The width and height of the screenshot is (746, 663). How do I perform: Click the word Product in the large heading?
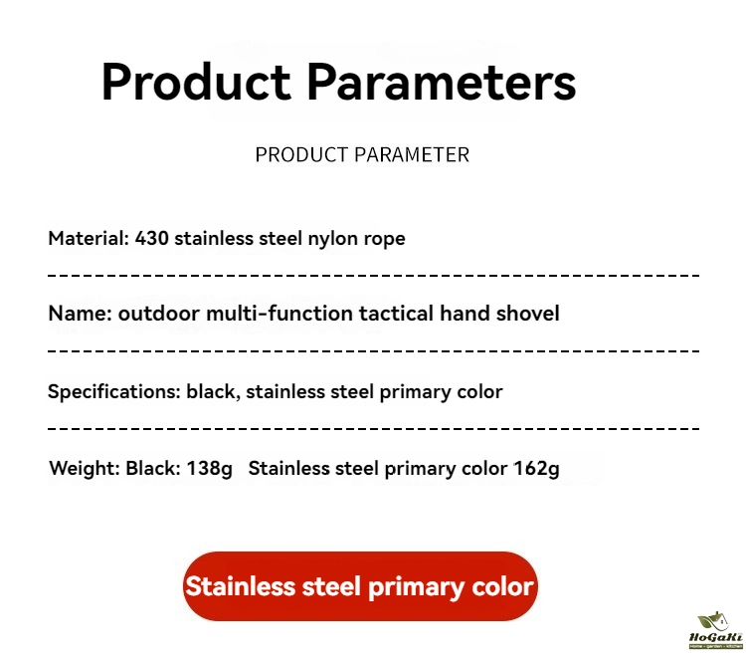[x=196, y=82]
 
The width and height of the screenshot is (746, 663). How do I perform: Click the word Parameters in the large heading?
[x=441, y=82]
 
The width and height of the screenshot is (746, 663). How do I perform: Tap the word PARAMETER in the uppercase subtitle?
[x=412, y=154]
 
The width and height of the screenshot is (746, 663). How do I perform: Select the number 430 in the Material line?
[x=151, y=238]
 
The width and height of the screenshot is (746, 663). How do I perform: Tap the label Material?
[x=89, y=238]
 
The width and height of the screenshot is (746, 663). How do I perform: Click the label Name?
[x=80, y=314]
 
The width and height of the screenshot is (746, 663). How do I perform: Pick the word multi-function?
[x=280, y=314]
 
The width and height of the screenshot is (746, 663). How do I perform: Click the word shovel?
[x=527, y=314]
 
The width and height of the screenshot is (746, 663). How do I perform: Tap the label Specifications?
[x=114, y=392]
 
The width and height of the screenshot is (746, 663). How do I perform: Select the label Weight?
[x=85, y=468]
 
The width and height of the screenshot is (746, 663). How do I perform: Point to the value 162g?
[x=536, y=469]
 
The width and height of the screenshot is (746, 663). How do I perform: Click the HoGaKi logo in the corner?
[x=715, y=630]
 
